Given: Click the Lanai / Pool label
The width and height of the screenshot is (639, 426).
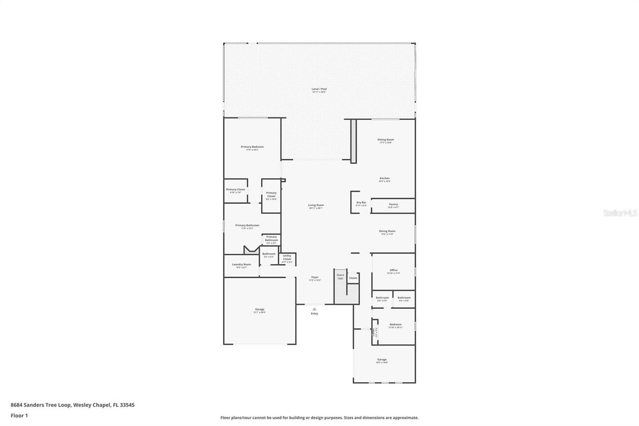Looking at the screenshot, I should pyautogui.click(x=319, y=89).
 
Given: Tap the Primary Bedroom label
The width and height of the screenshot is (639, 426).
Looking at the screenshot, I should pyautogui.click(x=252, y=147).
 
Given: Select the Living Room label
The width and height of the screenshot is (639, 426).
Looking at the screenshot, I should pyautogui.click(x=316, y=205).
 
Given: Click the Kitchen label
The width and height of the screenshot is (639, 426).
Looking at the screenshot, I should pyautogui.click(x=384, y=178).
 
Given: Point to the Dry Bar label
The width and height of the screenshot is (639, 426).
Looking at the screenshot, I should pyautogui.click(x=361, y=203).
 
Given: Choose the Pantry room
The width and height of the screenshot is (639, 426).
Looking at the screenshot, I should pyautogui.click(x=393, y=205).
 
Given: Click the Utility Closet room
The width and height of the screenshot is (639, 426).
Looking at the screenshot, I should pyautogui.click(x=287, y=258).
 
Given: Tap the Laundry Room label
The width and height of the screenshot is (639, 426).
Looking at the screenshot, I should pyautogui.click(x=241, y=264).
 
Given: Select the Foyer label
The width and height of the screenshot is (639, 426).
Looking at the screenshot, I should pyautogui.click(x=315, y=277).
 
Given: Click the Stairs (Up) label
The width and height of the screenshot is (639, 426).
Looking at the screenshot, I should pyautogui.click(x=340, y=276).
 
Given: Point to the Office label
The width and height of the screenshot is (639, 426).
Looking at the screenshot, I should pyautogui.click(x=393, y=270).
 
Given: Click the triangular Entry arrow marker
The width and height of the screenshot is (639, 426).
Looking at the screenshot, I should pyautogui.click(x=315, y=309).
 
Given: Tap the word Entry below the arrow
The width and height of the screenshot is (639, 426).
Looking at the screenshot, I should pyautogui.click(x=315, y=314).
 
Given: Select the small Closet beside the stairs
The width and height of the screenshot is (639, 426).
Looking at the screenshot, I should pyautogui.click(x=353, y=278).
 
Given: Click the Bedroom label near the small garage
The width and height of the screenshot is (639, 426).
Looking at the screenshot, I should pyautogui.click(x=395, y=325).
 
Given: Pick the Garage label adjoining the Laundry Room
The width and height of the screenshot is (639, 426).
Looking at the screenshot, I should pyautogui.click(x=260, y=310).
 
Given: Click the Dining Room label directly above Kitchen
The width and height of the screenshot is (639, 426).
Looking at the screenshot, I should pyautogui.click(x=386, y=140).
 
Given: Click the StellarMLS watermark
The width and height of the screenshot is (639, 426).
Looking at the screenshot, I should pyautogui.click(x=620, y=213).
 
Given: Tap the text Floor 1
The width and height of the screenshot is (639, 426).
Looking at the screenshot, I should pyautogui.click(x=19, y=416).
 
